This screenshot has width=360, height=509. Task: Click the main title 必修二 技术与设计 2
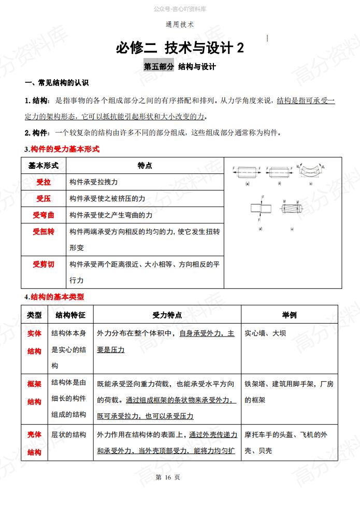tap(179, 48)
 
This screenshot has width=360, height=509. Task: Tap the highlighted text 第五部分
tap(159, 67)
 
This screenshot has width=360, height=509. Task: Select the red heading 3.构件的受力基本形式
tap(62, 149)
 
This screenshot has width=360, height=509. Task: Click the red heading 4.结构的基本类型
tap(54, 297)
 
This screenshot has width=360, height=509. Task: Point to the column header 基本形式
tap(44, 166)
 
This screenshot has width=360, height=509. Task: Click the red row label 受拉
tap(44, 182)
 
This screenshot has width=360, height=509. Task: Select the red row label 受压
tap(44, 198)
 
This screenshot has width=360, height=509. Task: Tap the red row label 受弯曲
tap(44, 215)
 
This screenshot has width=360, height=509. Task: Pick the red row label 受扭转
tap(44, 231)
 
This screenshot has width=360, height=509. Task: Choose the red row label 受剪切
tap(44, 264)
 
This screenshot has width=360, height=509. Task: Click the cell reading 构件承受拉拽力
tap(93, 182)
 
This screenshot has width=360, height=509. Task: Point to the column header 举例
tap(289, 315)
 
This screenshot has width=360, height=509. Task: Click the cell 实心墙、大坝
tap(265, 333)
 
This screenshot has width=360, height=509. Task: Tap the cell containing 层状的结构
tap(68, 434)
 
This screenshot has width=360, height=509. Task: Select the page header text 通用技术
tap(179, 24)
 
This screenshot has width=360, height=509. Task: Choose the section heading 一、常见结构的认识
tap(57, 83)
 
